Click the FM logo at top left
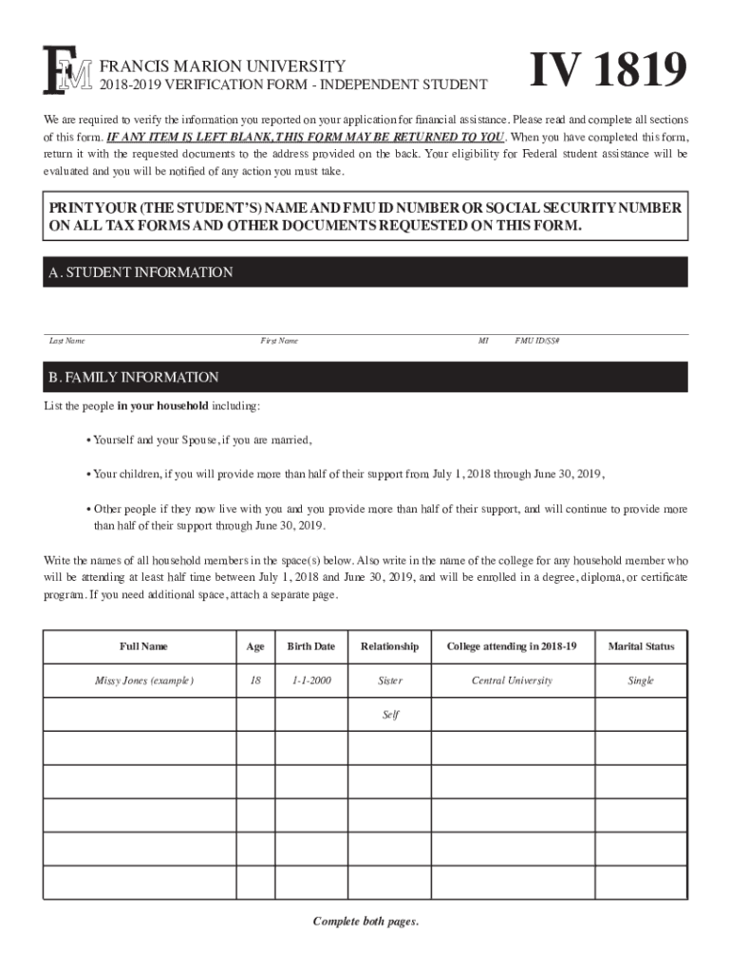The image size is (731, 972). (67, 72)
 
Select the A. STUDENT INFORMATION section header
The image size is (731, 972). (141, 272)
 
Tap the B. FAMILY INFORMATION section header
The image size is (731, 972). (134, 377)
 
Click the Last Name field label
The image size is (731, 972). (67, 341)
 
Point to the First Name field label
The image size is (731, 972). (279, 341)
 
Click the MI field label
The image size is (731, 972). (483, 341)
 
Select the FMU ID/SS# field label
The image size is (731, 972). (537, 341)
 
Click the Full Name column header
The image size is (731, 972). (143, 646)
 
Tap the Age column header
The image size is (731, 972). (255, 646)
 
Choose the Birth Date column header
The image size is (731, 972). (311, 646)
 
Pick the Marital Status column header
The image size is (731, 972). (642, 646)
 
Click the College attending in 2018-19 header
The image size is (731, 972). (512, 646)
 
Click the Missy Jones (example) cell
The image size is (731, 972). (143, 681)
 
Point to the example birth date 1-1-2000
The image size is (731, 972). (311, 681)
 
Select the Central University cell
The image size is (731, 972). (512, 681)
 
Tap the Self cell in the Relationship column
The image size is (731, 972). (390, 715)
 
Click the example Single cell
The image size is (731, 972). (642, 681)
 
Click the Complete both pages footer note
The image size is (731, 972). (365, 922)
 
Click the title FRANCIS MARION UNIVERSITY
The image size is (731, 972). (222, 66)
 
